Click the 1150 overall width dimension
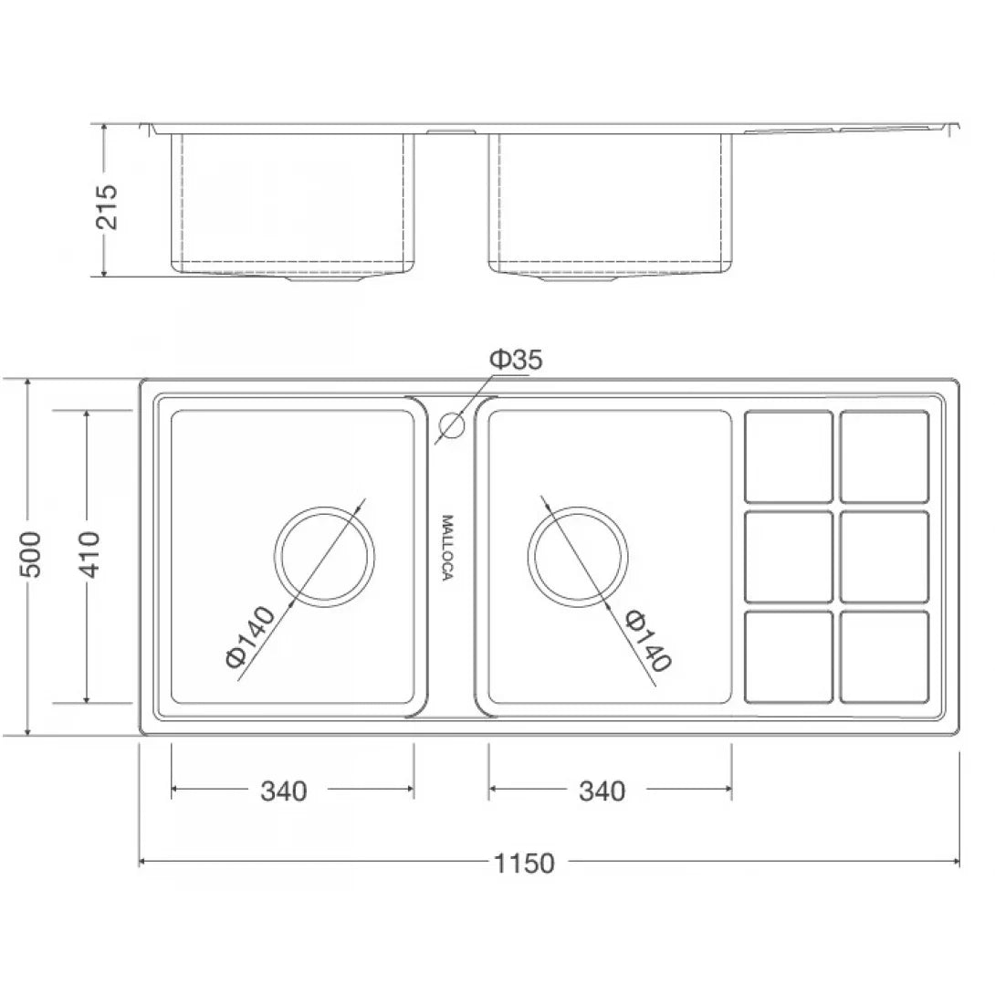(x=524, y=863)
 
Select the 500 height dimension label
(x=30, y=555)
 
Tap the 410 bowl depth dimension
(x=89, y=555)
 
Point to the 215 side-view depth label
(x=107, y=207)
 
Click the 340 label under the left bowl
(x=284, y=791)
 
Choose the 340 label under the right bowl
(x=602, y=791)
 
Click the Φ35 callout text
(x=516, y=359)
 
